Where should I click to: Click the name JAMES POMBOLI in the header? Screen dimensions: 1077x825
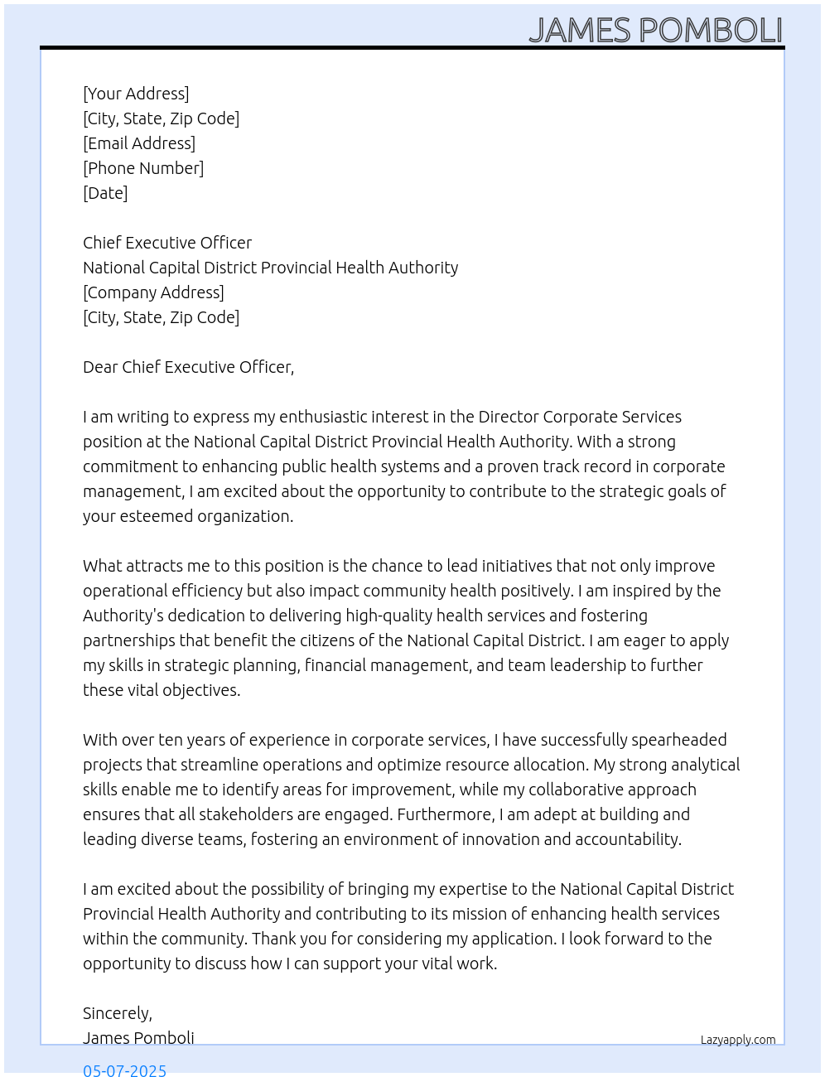pyautogui.click(x=655, y=30)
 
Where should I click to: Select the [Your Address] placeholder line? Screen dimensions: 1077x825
pyautogui.click(x=136, y=94)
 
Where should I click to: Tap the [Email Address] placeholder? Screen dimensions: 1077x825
pyautogui.click(x=139, y=143)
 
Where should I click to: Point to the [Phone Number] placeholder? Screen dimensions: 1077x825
pyautogui.click(x=143, y=168)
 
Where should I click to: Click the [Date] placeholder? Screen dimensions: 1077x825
pyautogui.click(x=105, y=193)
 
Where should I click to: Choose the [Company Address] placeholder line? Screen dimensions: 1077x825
pyautogui.click(x=153, y=292)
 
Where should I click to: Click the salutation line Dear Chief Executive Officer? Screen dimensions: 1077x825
pyautogui.click(x=188, y=367)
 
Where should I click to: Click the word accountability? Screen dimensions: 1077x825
pyautogui.click(x=628, y=839)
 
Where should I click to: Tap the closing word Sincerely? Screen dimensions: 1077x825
pyautogui.click(x=117, y=1013)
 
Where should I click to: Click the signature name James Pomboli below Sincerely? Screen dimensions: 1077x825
pyautogui.click(x=138, y=1038)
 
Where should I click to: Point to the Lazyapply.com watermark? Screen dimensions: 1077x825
pyautogui.click(x=738, y=1040)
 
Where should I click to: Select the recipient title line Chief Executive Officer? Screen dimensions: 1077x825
pyautogui.click(x=167, y=243)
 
